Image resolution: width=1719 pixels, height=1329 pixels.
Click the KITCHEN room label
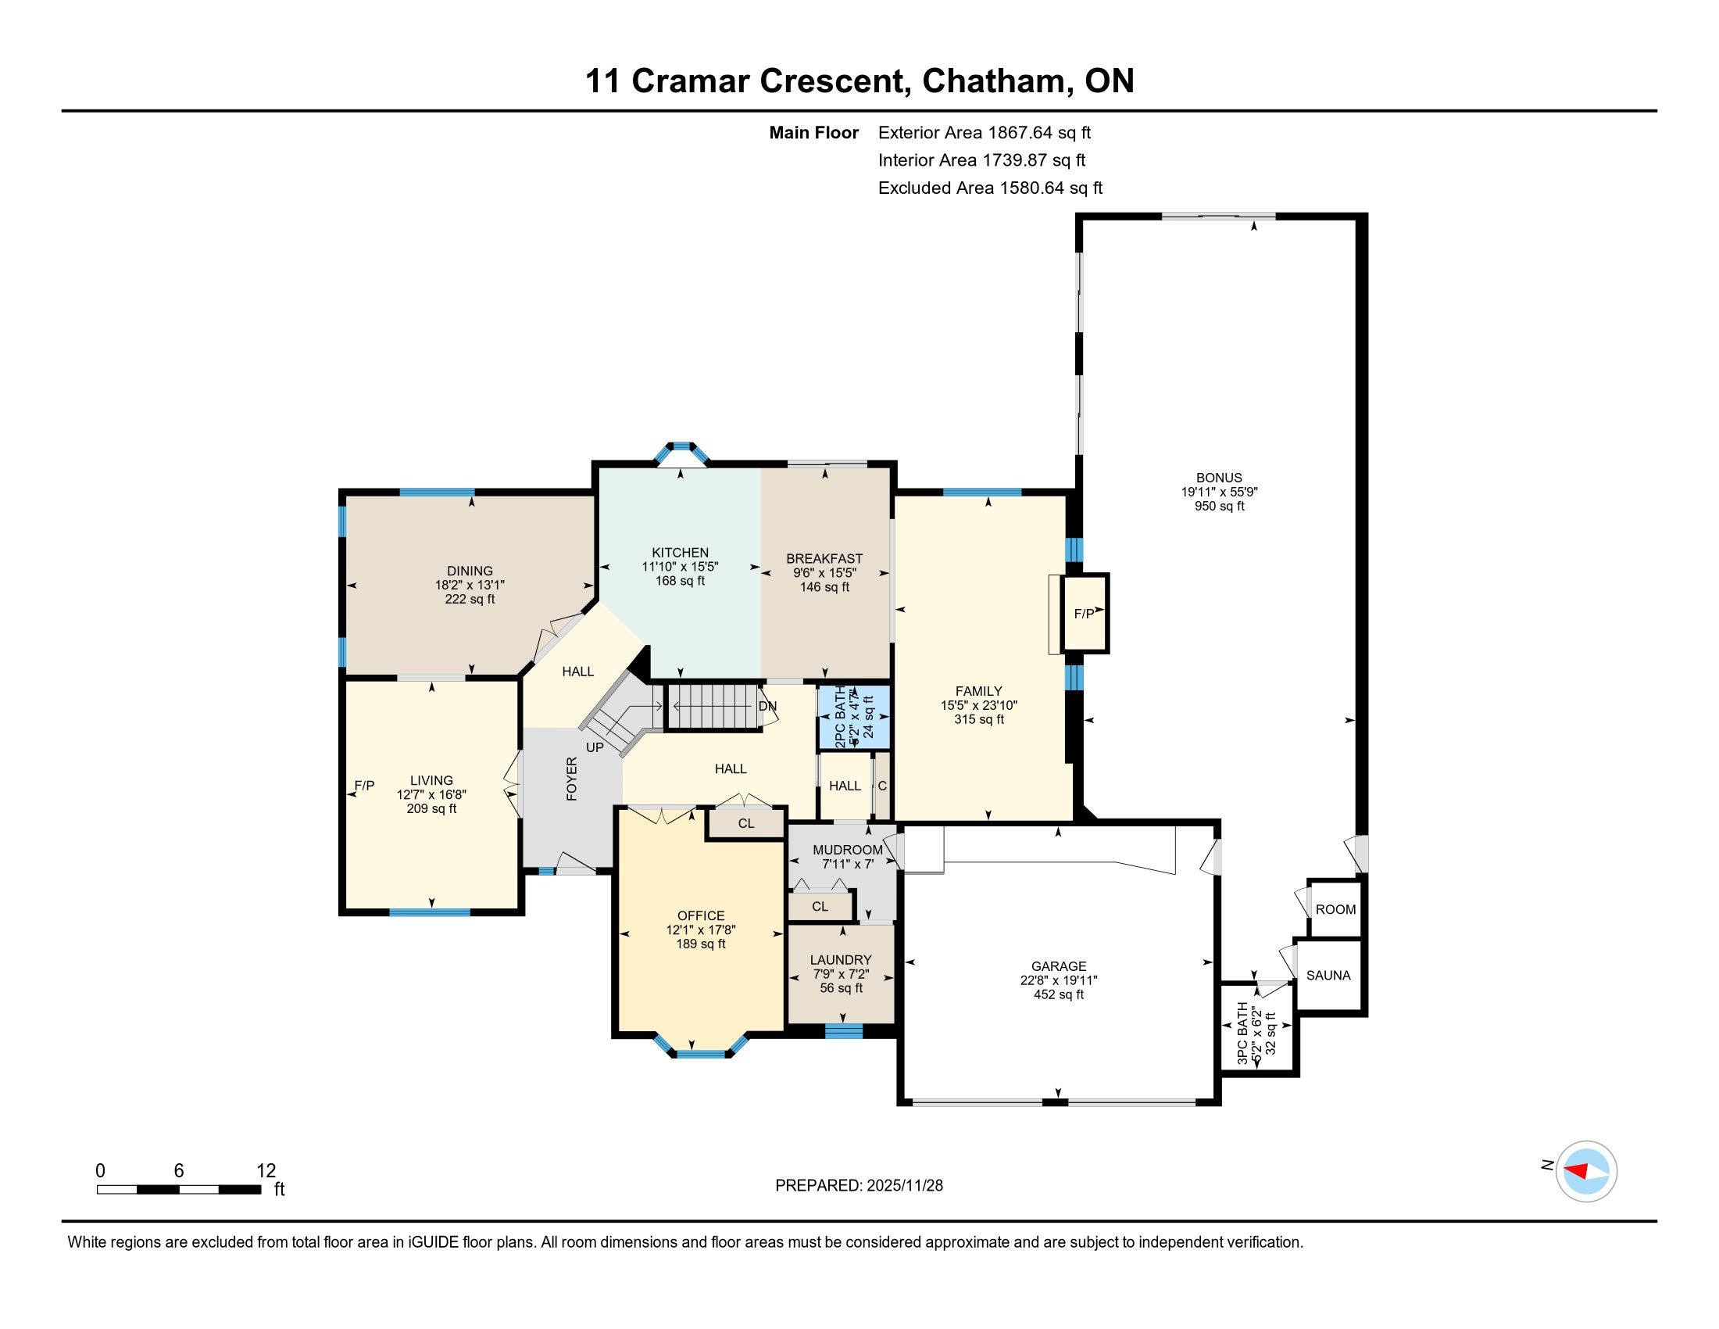coord(680,553)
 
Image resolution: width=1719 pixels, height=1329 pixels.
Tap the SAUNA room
coord(1328,975)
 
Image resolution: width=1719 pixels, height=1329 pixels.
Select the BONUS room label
coord(1219,478)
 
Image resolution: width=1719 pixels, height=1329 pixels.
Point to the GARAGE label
coord(1059,966)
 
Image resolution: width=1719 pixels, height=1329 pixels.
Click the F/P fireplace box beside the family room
coord(1085,614)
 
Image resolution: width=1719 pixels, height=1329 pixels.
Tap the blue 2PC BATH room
coord(855,716)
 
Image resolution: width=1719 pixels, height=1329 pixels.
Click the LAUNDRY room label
coord(842,960)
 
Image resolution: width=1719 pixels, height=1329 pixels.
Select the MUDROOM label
coord(848,850)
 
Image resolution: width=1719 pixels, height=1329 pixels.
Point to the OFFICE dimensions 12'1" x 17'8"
coord(701,930)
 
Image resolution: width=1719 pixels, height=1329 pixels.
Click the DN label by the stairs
coord(767,706)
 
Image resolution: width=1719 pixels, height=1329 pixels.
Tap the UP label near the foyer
coord(595,747)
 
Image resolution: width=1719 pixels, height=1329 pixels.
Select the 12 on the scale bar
coord(266,1171)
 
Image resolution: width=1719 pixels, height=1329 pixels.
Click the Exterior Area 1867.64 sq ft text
coord(985,132)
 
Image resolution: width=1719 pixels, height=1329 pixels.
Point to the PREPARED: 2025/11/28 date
coord(859,1186)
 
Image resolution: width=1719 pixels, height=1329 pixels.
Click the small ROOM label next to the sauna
coord(1335,909)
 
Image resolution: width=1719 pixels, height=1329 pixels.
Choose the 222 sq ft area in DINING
coord(470,599)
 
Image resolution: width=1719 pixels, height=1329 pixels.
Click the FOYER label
coord(572,779)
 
